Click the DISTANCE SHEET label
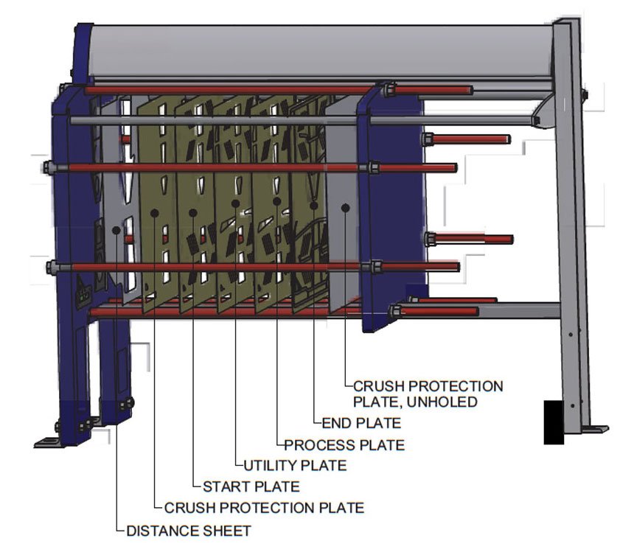[x=189, y=531]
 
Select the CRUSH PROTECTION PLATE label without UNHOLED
[x=264, y=508]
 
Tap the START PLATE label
[x=251, y=486]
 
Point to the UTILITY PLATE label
[x=295, y=466]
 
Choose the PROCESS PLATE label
[x=344, y=445]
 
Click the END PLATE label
[x=361, y=423]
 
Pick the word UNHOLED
[x=442, y=402]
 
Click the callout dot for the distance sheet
[x=116, y=230]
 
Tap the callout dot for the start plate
[x=193, y=213]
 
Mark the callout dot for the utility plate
[x=235, y=203]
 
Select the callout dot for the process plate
[x=276, y=202]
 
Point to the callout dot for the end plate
[x=313, y=206]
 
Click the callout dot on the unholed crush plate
[x=345, y=208]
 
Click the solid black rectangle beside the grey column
[x=554, y=422]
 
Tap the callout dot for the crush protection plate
[x=155, y=213]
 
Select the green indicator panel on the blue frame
[x=83, y=296]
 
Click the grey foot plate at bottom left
[x=49, y=443]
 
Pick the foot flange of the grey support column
[x=594, y=430]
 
